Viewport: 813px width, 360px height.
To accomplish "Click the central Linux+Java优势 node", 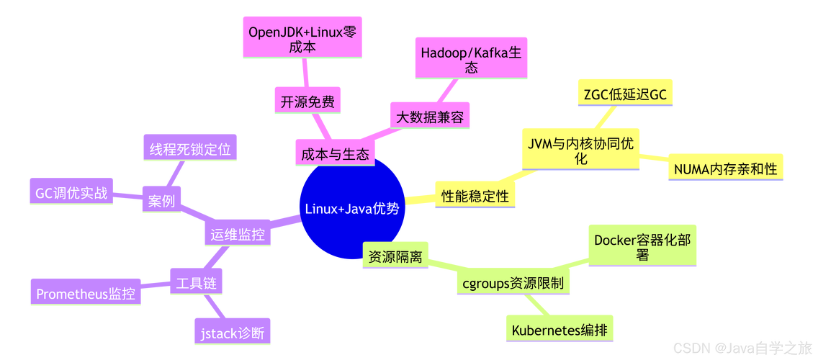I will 351,209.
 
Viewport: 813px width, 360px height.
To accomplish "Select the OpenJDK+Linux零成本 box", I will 302,39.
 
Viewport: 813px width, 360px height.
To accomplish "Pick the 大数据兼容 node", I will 431,117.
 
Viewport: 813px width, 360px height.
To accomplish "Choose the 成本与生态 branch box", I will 335,154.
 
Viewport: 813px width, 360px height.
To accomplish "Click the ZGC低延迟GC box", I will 624,94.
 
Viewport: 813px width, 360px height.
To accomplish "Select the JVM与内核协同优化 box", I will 580,150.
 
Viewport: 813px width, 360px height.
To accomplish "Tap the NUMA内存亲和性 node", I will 725,169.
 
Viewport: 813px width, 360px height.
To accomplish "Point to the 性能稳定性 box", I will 475,196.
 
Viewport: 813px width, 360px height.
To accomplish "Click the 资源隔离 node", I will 395,256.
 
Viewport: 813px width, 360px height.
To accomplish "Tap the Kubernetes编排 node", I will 559,330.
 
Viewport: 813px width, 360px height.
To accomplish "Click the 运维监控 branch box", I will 238,234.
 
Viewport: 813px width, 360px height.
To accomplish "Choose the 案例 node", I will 161,201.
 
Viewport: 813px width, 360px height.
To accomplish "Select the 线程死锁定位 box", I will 190,150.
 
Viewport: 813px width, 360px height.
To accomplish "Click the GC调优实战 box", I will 71,193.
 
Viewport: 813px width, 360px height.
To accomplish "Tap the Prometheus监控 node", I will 86,294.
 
